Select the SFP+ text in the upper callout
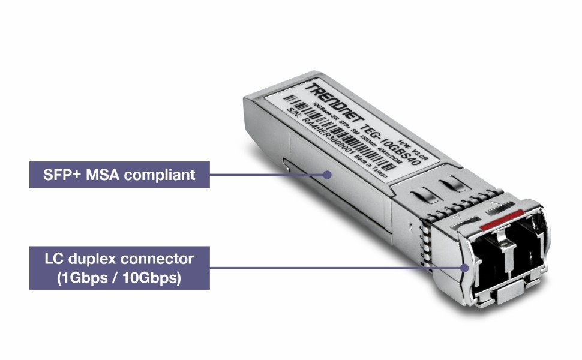(62, 175)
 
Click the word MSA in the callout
(103, 175)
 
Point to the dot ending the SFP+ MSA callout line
(328, 175)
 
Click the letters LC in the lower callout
(54, 260)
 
